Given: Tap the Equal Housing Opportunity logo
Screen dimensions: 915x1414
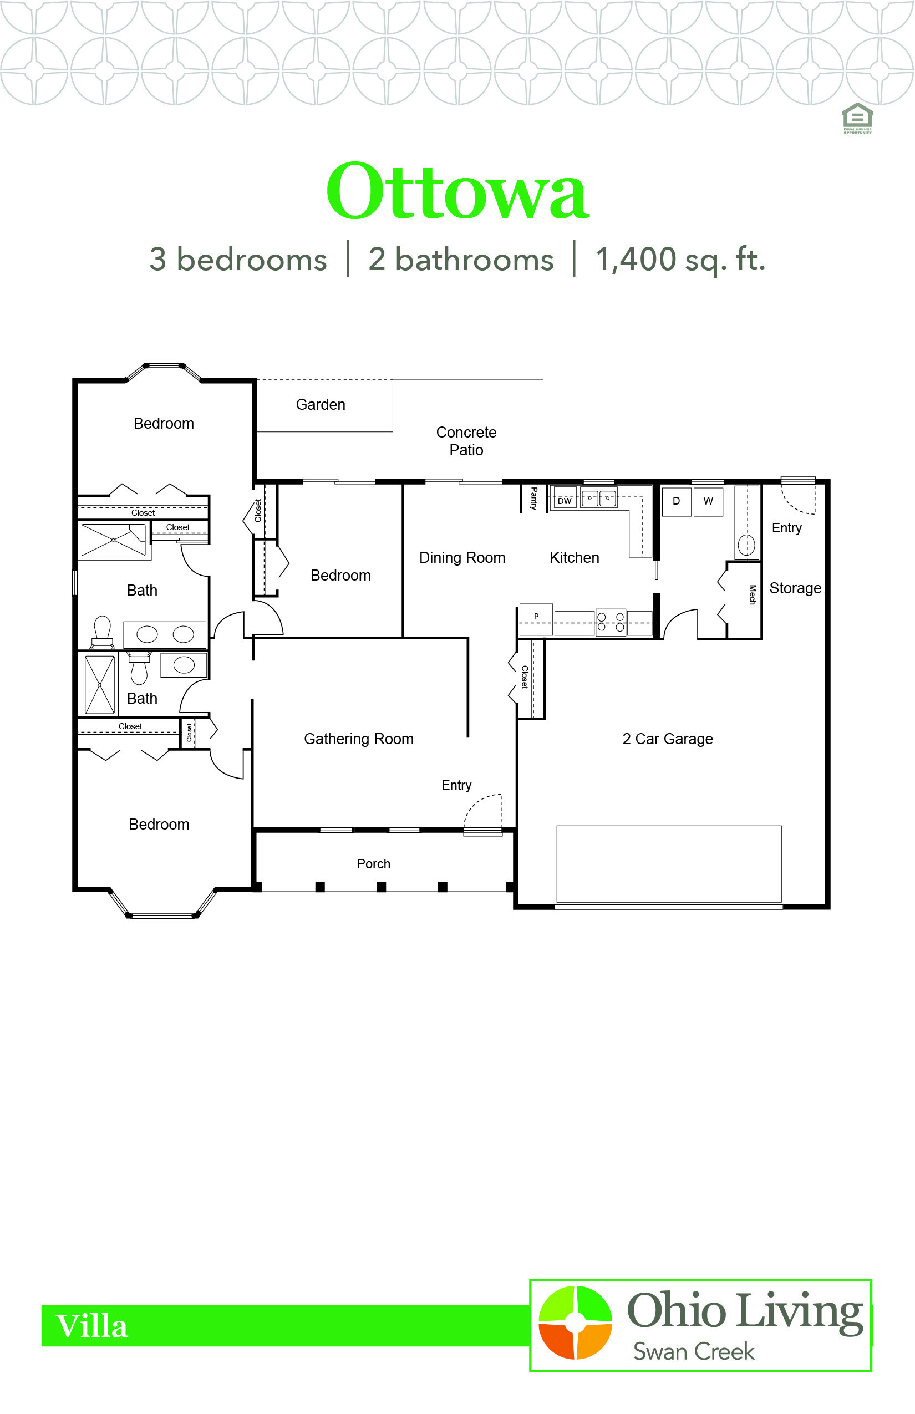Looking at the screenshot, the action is coord(857,118).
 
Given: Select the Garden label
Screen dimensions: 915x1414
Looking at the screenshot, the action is coord(321,405).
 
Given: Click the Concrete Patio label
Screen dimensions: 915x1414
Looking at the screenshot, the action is coord(466,441).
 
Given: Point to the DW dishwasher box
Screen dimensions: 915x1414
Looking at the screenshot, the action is coord(565,500).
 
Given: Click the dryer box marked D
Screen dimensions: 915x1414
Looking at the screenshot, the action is coord(676,501).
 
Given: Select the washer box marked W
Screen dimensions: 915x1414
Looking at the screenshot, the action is coord(708,501).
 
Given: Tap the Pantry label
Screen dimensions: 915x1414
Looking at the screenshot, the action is coord(533,498).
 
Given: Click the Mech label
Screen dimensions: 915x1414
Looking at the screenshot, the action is coord(752,594).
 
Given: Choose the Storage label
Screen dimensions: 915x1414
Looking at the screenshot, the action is coord(796,588).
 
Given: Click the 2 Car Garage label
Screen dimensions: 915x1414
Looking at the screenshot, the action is coord(668,739).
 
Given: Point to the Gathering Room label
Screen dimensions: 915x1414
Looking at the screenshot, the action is coord(359,739).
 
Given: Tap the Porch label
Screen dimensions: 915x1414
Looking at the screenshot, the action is coord(374,864).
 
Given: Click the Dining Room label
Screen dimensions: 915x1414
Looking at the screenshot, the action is coord(462,558).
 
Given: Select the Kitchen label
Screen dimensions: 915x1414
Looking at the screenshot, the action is coord(575,558).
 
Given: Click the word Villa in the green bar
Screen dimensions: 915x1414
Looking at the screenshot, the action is coord(92,1326).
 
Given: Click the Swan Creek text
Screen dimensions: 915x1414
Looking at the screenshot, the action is coord(694,1352).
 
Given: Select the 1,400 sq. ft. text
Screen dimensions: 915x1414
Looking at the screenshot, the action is coord(680,260).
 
